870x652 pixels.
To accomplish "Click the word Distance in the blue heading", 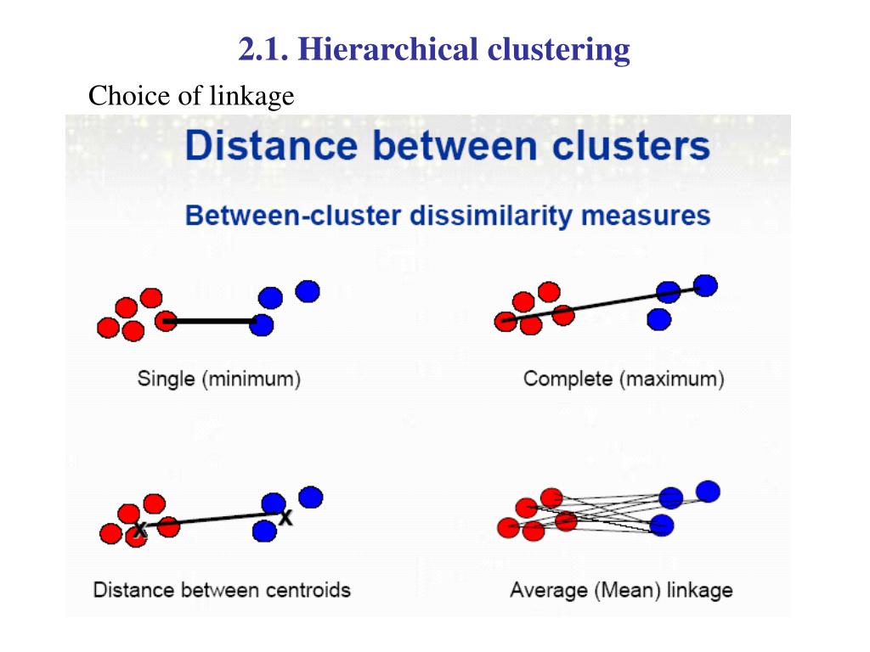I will click(x=270, y=146).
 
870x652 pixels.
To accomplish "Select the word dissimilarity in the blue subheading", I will click(x=491, y=215).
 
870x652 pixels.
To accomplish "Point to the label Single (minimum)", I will click(x=219, y=379).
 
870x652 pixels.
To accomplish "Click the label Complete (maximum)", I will click(x=624, y=379).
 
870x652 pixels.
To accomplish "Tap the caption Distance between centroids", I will click(x=222, y=589).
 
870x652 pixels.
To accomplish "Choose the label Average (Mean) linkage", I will click(x=621, y=589).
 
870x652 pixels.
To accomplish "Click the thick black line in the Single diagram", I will click(x=212, y=321).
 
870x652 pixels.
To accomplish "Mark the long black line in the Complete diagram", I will click(x=603, y=303).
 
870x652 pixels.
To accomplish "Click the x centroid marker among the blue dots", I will click(x=285, y=516).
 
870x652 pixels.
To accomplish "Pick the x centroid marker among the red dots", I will click(x=138, y=530).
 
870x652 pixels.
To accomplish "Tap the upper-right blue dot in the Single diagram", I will click(x=308, y=291).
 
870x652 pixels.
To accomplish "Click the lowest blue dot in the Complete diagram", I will click(x=658, y=319).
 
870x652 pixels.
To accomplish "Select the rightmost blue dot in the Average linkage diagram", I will click(x=707, y=491).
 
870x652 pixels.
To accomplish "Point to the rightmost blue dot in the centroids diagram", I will click(x=311, y=497).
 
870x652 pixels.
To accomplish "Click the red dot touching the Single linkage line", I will click(x=167, y=320).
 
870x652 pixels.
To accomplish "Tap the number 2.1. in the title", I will click(x=264, y=50).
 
